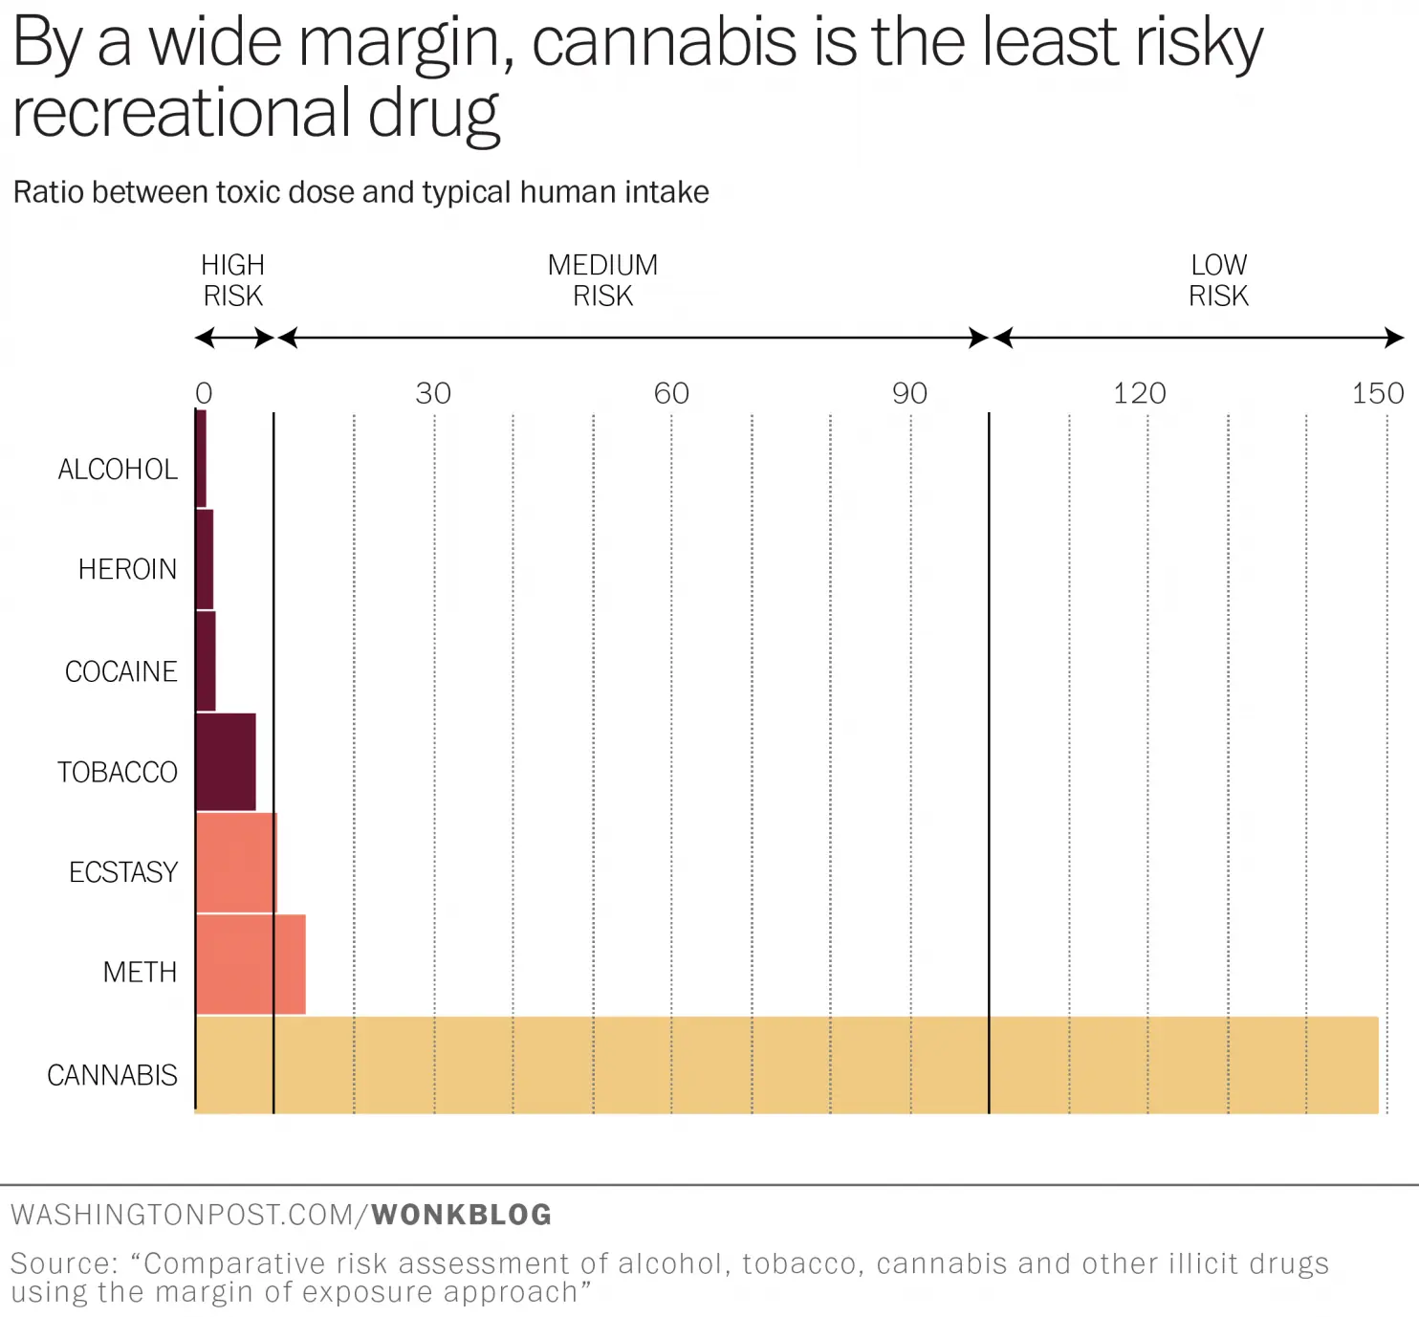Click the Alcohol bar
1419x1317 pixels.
point(201,459)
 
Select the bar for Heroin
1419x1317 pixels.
point(205,560)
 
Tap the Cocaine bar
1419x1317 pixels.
point(206,661)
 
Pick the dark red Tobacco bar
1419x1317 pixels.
point(226,762)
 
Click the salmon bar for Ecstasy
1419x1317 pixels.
point(236,863)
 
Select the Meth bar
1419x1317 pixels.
point(251,964)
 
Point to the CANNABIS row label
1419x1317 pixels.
point(112,1075)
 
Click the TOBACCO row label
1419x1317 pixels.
point(117,772)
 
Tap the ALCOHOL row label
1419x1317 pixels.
point(117,470)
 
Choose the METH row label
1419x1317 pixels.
point(140,973)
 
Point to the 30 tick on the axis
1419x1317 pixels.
point(433,393)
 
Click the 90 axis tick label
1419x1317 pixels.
point(909,393)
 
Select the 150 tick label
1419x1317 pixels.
point(1377,393)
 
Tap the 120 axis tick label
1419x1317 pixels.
point(1139,393)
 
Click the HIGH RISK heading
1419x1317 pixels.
point(232,280)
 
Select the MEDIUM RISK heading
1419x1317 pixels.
point(602,280)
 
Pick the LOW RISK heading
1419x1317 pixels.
point(1218,280)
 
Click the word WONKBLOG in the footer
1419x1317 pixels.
point(461,1215)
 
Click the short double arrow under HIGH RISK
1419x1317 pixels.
point(234,338)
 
